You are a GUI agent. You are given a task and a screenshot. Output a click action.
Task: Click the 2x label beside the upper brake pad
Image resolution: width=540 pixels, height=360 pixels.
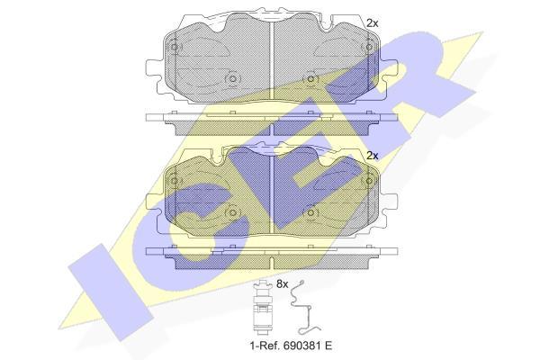(x=373, y=23)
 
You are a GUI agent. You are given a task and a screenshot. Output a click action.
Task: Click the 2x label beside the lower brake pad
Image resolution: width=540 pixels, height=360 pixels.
(x=373, y=156)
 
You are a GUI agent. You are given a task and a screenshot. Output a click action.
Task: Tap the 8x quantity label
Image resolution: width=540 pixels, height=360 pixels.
(x=282, y=284)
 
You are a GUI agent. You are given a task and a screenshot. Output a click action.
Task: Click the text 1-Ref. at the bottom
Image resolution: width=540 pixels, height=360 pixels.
(x=263, y=346)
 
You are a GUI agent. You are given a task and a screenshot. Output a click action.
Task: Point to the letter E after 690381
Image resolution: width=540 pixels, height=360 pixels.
(x=328, y=346)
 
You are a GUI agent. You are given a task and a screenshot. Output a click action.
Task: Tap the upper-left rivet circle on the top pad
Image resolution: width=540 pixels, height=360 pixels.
(x=175, y=47)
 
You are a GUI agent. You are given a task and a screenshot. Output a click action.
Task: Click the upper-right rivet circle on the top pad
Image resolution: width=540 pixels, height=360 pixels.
(x=369, y=47)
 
